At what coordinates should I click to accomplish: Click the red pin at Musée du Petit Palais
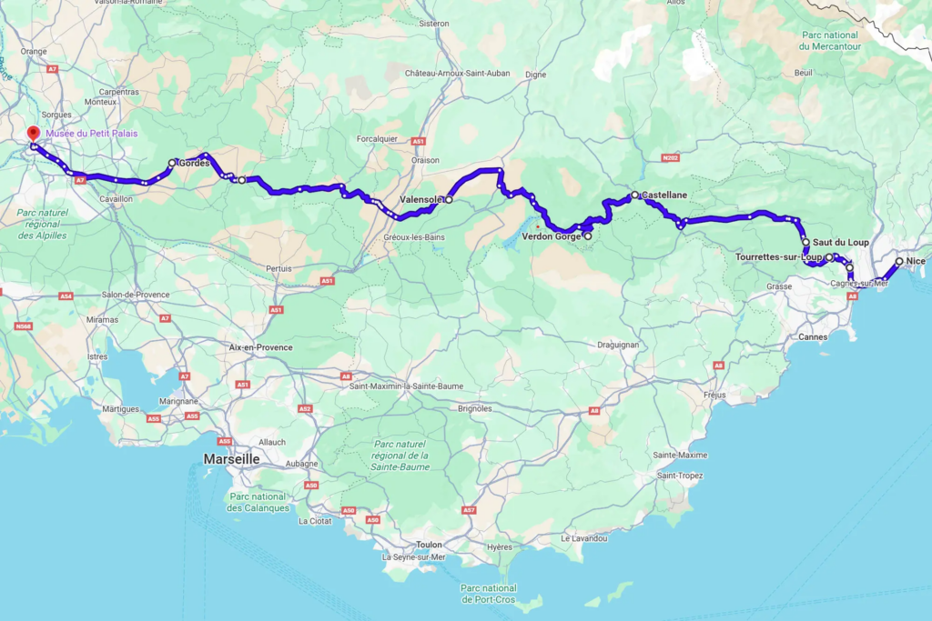pyautogui.click(x=34, y=134)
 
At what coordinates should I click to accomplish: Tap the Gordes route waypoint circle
pyautogui.click(x=172, y=164)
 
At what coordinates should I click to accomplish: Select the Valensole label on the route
pyautogui.click(x=420, y=199)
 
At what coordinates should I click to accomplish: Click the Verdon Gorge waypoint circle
pyautogui.click(x=587, y=236)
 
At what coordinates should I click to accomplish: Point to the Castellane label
pyautogui.click(x=664, y=195)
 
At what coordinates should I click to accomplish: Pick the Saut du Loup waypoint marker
pyautogui.click(x=805, y=242)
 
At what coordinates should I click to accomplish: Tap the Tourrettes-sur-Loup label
pyautogui.click(x=778, y=257)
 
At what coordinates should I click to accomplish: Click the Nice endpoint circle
pyautogui.click(x=899, y=262)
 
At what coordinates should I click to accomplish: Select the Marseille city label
pyautogui.click(x=230, y=459)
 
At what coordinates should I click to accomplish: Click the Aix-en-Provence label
pyautogui.click(x=260, y=347)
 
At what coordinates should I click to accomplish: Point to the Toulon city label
pyautogui.click(x=428, y=545)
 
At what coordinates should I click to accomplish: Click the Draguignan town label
pyautogui.click(x=620, y=345)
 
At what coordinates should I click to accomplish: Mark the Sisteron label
pyautogui.click(x=433, y=24)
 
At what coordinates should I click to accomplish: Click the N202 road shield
pyautogui.click(x=671, y=158)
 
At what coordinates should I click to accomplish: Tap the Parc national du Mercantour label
pyautogui.click(x=829, y=40)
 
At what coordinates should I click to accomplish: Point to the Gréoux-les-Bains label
pyautogui.click(x=408, y=237)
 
